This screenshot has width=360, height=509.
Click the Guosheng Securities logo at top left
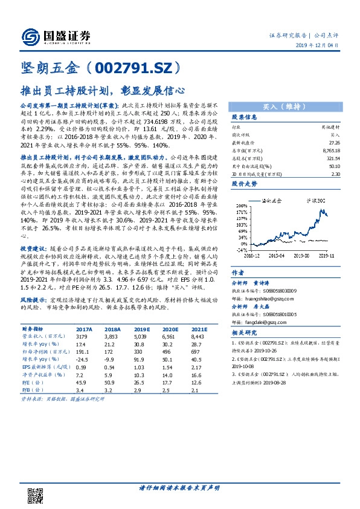(x=56, y=36)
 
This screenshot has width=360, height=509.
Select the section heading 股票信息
(x=245, y=117)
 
